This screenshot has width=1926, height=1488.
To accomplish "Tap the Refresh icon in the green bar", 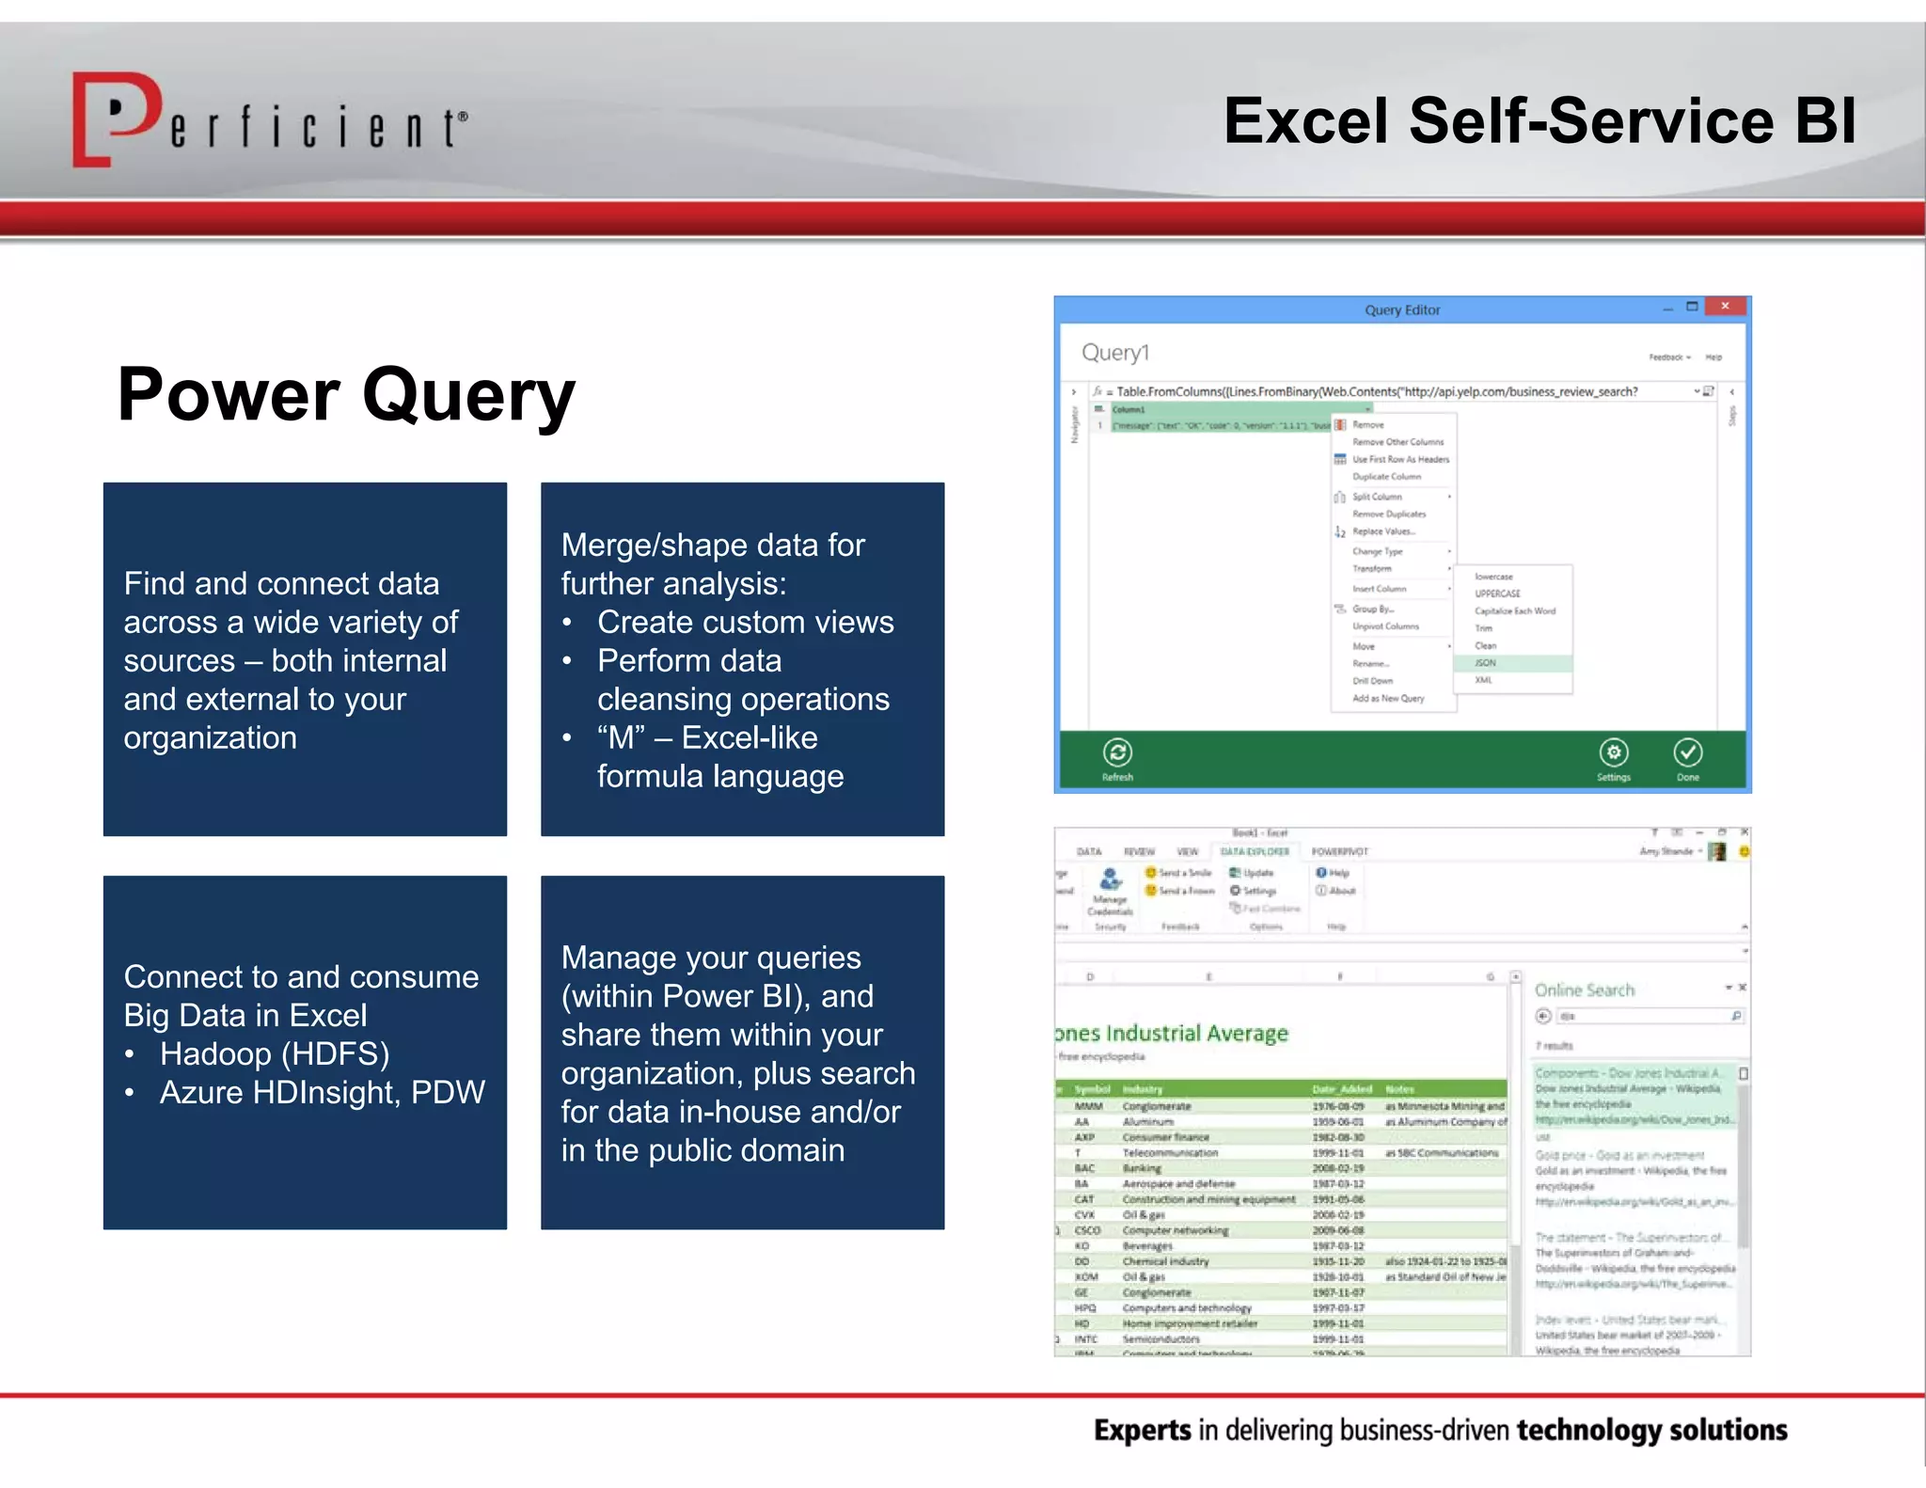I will click(x=1117, y=752).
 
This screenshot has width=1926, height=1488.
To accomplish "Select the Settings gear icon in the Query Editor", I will click(x=1614, y=752).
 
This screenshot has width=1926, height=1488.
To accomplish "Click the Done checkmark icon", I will click(x=1688, y=752).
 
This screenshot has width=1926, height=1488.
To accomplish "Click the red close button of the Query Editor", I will click(x=1725, y=307).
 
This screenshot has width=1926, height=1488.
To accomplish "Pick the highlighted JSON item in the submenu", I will click(x=1486, y=663).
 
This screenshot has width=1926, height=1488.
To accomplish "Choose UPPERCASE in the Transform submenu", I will click(x=1497, y=594).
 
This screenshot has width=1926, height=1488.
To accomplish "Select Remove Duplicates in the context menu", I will click(x=1389, y=514).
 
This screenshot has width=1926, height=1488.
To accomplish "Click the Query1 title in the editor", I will click(x=1115, y=353).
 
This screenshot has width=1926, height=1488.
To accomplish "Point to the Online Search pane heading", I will click(x=1585, y=990).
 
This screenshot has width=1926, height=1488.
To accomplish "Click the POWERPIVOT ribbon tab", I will click(x=1340, y=852).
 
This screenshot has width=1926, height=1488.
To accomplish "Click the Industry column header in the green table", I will click(x=1143, y=1089).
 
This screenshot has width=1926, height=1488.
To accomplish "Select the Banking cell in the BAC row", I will click(x=1142, y=1168).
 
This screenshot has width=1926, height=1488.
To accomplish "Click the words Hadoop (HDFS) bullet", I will click(x=275, y=1054).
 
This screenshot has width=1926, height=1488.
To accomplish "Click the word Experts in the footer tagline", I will click(x=1142, y=1431).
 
